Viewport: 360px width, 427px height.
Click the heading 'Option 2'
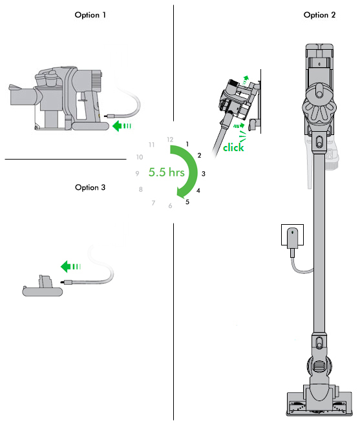[x=320, y=15]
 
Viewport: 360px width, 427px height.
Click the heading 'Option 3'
[x=91, y=187]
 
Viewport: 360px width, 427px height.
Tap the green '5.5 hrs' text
[x=165, y=173]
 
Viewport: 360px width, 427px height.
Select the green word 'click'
[x=234, y=148]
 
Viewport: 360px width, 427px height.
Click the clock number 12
[x=170, y=140]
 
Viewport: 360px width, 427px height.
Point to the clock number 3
[x=204, y=174]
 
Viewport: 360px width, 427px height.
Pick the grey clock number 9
[x=137, y=174]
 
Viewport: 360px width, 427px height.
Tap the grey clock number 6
[x=170, y=206]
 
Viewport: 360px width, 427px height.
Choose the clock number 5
[x=187, y=202]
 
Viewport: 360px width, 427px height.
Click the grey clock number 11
[x=152, y=145]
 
